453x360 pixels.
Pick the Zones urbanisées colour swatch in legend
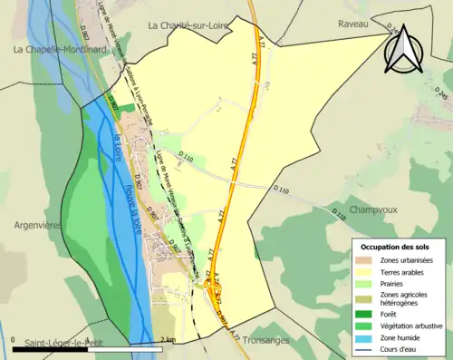click(x=368, y=260)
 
